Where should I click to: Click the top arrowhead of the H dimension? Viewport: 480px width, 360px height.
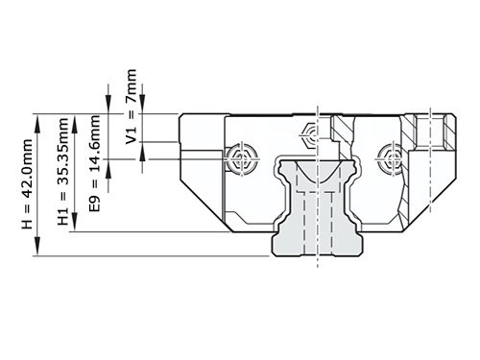pyautogui.click(x=38, y=118)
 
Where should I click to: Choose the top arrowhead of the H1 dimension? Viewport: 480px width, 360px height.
pyautogui.click(x=74, y=118)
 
